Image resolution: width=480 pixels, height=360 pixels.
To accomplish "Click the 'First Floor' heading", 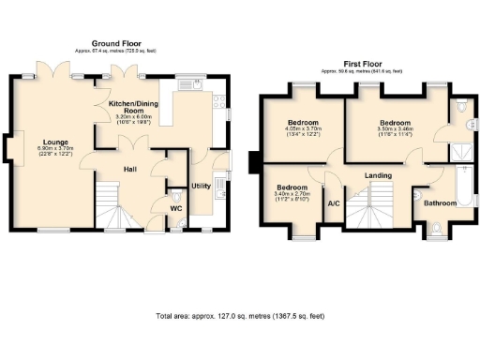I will [x=361, y=64].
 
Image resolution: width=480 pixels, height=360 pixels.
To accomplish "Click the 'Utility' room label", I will [x=201, y=186].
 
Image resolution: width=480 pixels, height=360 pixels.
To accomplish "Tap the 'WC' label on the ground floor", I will [x=175, y=208].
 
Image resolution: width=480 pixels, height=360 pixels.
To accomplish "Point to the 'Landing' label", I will [x=378, y=175].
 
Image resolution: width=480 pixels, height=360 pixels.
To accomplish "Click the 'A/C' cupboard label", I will [x=333, y=203].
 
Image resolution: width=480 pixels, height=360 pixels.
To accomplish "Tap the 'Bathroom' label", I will [x=439, y=202].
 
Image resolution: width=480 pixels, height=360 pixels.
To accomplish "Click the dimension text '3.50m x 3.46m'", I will [x=396, y=129].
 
